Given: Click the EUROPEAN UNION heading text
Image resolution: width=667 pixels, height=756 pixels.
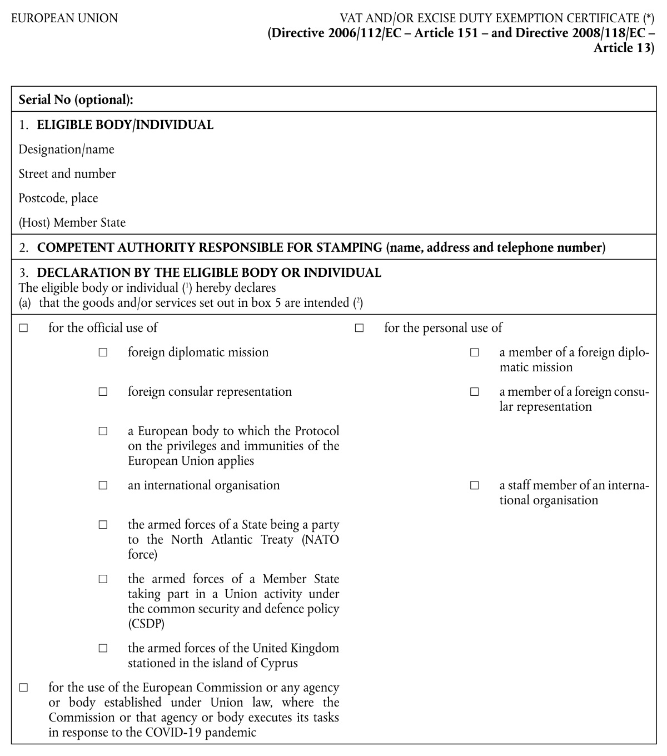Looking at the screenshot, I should [64, 18].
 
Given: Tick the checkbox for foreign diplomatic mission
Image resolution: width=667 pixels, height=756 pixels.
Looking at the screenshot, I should [103, 352].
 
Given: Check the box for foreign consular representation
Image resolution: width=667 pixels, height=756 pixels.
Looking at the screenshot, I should [103, 392].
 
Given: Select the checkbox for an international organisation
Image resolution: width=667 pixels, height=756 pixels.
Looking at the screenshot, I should [103, 485].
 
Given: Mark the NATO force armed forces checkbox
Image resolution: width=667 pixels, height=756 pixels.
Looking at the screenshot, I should [103, 525].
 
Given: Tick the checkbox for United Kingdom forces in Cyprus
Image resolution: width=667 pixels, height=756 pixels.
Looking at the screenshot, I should [103, 648].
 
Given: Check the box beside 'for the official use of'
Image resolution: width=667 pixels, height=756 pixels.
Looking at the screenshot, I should [23, 328].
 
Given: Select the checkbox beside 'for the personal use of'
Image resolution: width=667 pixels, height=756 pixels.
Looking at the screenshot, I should [359, 328].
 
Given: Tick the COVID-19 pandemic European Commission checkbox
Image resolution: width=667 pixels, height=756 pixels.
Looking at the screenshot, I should [23, 688].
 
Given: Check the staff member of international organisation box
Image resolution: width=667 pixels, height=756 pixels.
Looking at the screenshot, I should [474, 485].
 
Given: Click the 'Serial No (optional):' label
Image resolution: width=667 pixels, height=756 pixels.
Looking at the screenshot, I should [76, 100].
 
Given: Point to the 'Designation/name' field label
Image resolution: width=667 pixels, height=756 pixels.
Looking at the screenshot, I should [66, 150].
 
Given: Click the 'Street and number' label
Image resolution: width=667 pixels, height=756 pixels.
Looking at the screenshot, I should [67, 174].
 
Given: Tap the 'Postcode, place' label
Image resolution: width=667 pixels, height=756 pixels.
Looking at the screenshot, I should [58, 198].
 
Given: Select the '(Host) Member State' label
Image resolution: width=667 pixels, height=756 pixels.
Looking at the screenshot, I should [72, 223].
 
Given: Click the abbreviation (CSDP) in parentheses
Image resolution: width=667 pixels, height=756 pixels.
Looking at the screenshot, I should [146, 624].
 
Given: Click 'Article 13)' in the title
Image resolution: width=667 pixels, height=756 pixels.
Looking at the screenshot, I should [624, 48].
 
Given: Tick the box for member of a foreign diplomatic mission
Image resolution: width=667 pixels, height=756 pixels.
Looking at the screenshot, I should [474, 352].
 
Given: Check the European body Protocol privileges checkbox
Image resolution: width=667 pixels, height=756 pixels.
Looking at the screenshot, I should [103, 431].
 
